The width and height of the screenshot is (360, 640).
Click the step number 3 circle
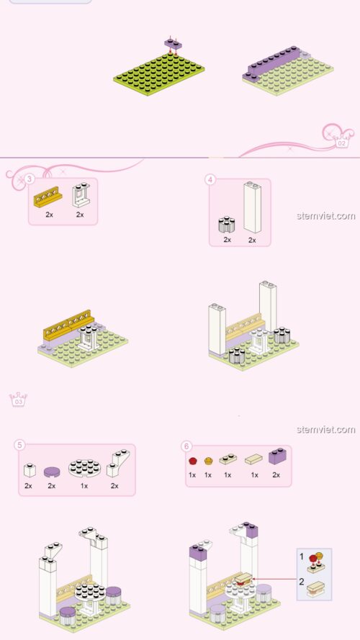coord(30,179)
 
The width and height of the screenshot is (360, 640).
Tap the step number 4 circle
coord(210,179)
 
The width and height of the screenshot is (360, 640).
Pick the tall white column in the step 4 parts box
coord(251,207)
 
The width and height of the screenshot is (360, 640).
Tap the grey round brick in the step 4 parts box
coord(227,224)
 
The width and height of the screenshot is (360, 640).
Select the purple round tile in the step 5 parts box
coord(52,472)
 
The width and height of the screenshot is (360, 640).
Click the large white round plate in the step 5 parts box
coord(84,469)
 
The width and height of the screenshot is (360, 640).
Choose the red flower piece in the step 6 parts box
coord(192,461)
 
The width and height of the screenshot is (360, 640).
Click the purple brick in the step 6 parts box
coord(278,456)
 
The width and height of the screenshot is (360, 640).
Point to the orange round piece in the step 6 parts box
coord(209,461)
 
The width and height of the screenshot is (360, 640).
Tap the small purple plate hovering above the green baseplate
coord(171,43)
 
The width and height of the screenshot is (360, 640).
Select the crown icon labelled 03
coord(17,400)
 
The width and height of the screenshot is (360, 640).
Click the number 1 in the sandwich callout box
coord(302,556)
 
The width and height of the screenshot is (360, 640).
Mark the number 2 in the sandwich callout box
coord(302,581)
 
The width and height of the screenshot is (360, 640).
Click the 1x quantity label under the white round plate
coord(84,487)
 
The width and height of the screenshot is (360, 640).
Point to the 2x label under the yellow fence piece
coord(49,215)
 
